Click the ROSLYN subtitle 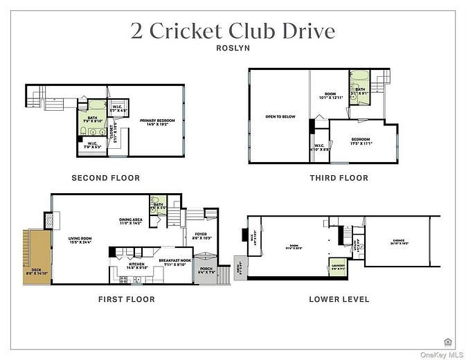coord(233,49)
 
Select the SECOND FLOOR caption coord(106,178)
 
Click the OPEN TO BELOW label coord(280,116)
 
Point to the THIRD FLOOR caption coord(339,178)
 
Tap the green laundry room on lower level coord(337,267)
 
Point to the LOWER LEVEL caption coord(339,299)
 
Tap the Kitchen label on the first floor coord(137,265)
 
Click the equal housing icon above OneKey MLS coord(447,341)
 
